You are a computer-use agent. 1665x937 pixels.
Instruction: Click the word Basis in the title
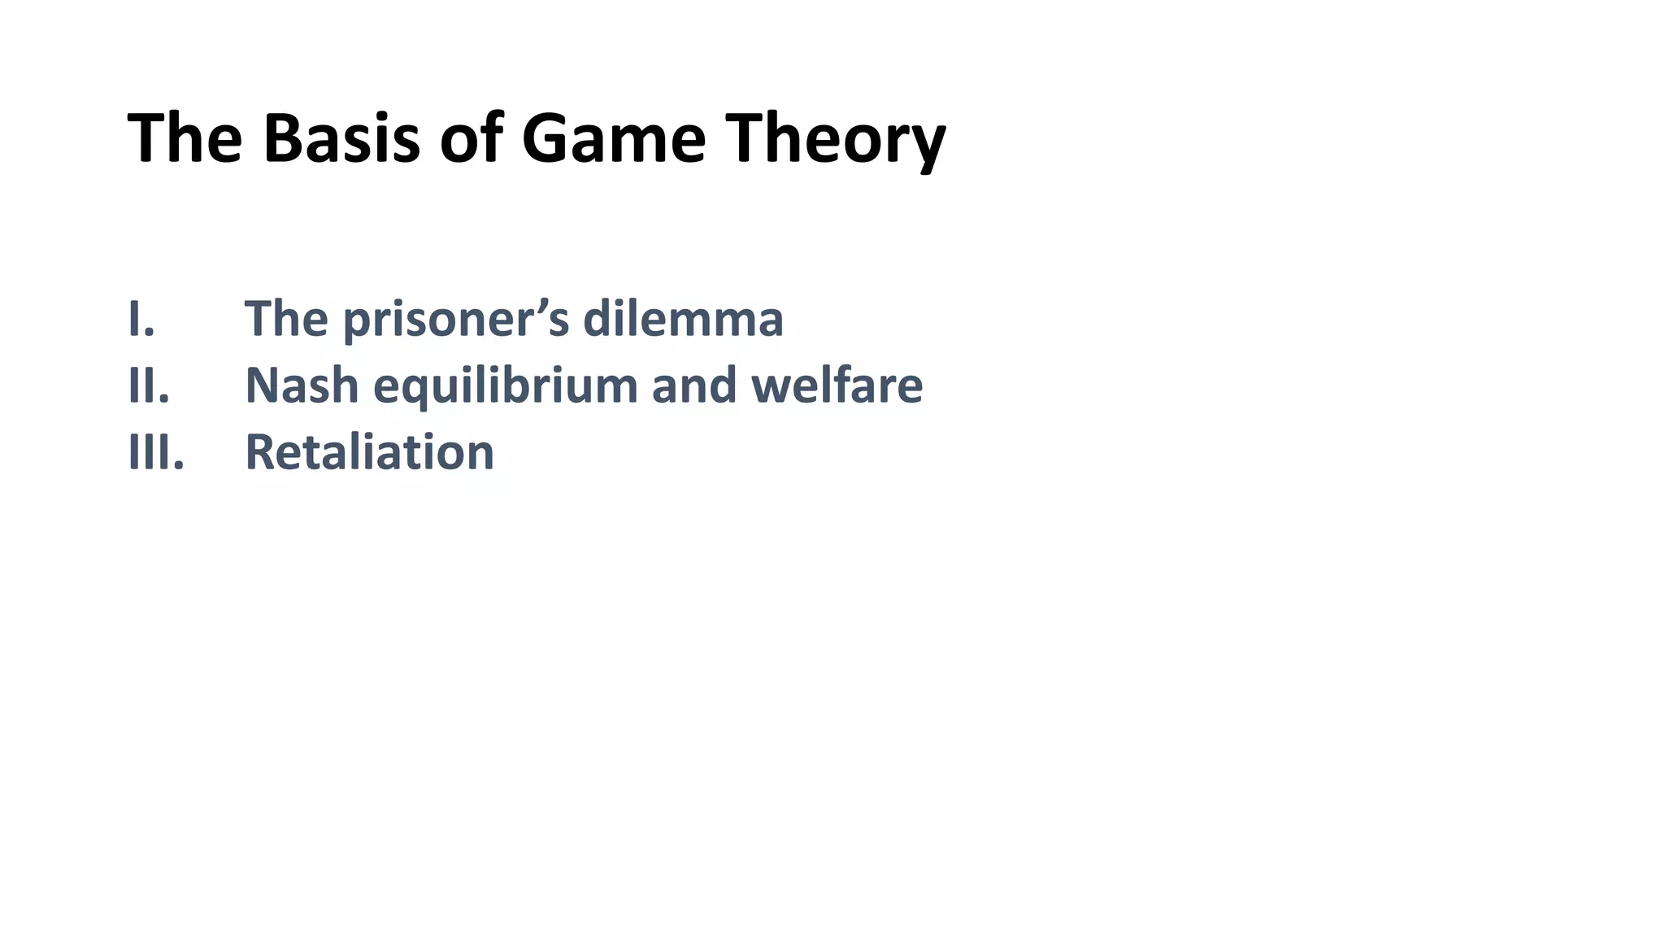pos(341,138)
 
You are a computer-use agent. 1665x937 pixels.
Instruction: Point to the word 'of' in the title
pos(471,138)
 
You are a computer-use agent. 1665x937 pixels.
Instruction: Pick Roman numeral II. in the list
pos(149,385)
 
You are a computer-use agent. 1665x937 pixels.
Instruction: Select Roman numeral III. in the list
pos(156,451)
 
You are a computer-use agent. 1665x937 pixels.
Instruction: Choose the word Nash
pos(302,385)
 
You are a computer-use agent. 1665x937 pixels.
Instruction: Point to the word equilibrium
pos(505,386)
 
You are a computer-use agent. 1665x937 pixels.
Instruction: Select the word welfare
pos(837,385)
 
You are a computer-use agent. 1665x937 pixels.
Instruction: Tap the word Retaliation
pos(370,451)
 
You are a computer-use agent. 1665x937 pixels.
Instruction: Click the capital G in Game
pos(546,138)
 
